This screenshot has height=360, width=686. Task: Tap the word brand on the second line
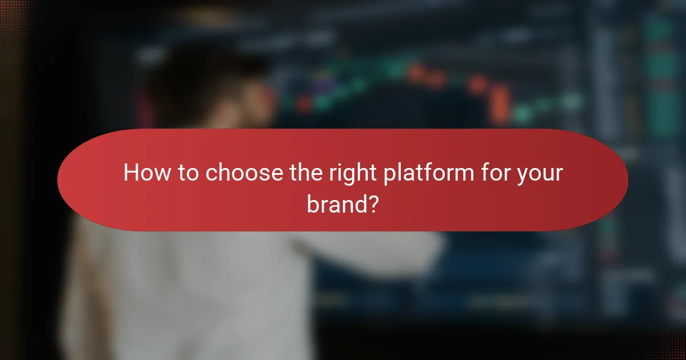pyautogui.click(x=335, y=205)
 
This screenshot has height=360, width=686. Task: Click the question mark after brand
pyautogui.click(x=371, y=205)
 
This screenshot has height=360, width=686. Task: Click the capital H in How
pyautogui.click(x=132, y=173)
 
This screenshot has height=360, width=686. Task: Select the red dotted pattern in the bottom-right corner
pyautogui.click(x=669, y=346)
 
